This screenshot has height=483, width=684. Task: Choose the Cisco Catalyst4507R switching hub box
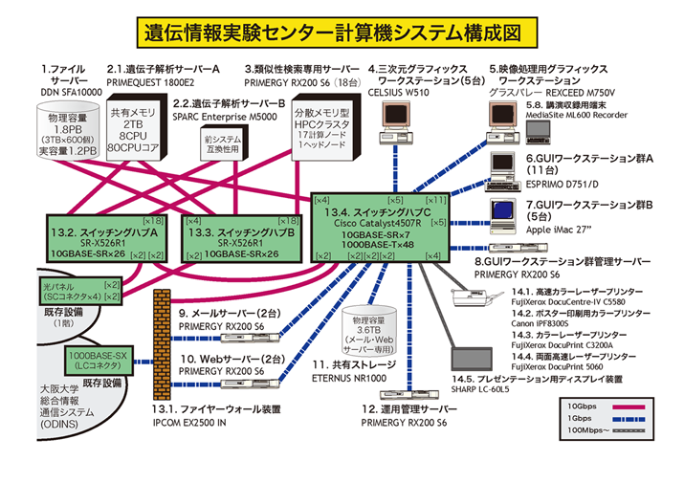[381, 226]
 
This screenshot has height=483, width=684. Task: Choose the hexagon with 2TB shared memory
[140, 130]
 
